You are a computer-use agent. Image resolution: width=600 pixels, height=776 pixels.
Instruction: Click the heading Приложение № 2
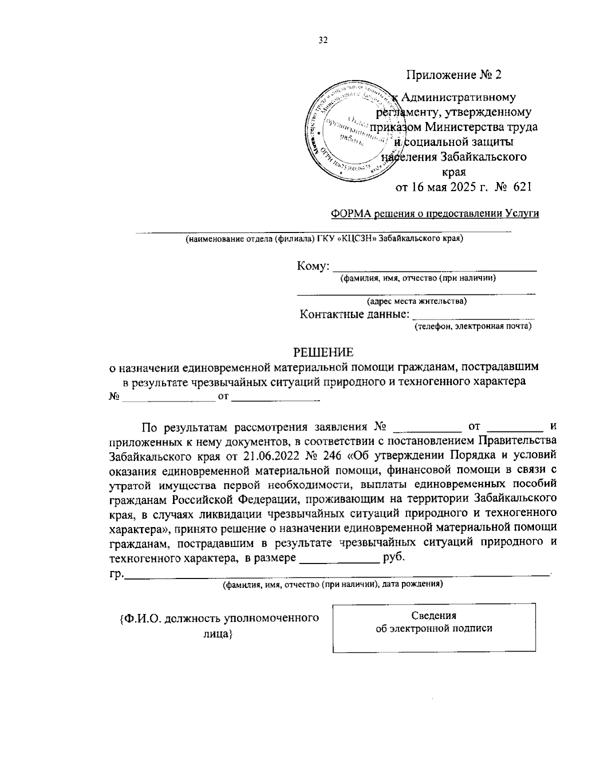[x=453, y=75]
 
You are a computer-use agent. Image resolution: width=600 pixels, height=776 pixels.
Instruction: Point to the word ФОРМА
[x=349, y=213]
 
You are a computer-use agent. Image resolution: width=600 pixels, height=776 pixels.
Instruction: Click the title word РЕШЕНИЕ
[x=322, y=352]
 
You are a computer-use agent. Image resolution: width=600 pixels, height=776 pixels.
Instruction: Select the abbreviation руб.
[x=393, y=557]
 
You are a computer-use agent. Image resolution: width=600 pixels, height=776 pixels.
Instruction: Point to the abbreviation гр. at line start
[x=116, y=573]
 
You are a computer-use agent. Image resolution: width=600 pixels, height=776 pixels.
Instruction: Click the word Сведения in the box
[x=434, y=615]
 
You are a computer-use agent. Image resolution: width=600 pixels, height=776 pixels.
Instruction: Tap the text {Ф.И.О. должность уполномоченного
[x=219, y=618]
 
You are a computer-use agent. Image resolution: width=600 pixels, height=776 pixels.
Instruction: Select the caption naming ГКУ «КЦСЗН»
[x=324, y=238]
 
